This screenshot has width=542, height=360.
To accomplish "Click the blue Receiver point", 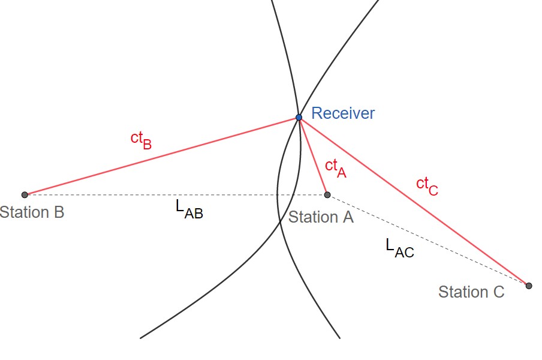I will (x=299, y=117).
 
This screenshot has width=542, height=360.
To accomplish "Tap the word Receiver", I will (x=343, y=113).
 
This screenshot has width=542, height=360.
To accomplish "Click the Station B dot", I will (x=25, y=194).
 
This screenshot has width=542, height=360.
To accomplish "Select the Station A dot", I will (x=327, y=194).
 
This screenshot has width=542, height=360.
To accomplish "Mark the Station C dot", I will (x=529, y=286).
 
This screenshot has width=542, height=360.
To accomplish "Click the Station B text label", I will (x=32, y=212).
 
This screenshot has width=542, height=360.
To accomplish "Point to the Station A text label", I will (x=321, y=217).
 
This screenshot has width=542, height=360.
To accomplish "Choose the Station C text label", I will (x=471, y=292).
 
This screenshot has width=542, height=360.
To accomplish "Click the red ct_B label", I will (x=141, y=139).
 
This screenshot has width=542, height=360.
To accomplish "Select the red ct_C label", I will (x=427, y=185).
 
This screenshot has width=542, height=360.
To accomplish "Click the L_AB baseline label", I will (x=189, y=209).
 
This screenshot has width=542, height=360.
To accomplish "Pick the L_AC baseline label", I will (x=399, y=247).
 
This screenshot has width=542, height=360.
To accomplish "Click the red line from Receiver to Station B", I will (x=162, y=156).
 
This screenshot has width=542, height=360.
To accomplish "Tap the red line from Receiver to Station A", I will (x=313, y=156).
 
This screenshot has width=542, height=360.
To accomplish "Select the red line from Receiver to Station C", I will (x=414, y=202).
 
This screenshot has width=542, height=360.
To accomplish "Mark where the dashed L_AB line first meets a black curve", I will (x=276, y=194).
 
